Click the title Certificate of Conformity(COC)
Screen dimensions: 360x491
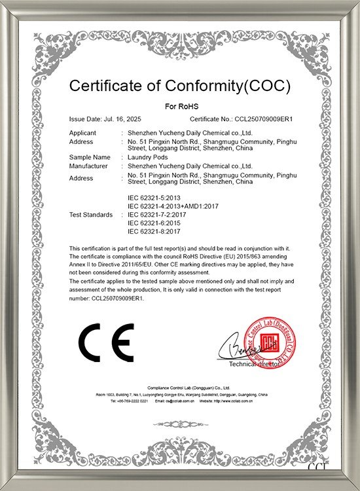click(179, 86)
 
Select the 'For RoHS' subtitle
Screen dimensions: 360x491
click(179, 105)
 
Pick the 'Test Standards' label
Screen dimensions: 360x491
click(90, 215)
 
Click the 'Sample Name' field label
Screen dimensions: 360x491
click(89, 157)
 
